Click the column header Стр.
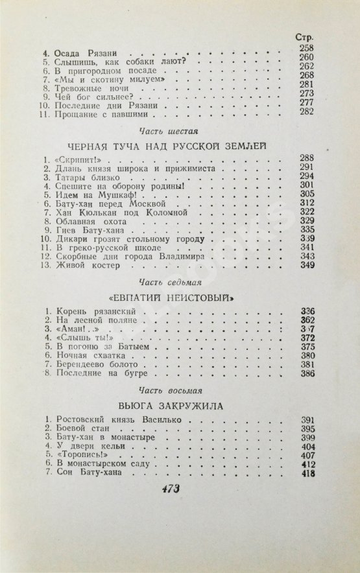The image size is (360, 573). pos(305,37)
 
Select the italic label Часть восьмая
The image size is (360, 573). pos(178,392)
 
